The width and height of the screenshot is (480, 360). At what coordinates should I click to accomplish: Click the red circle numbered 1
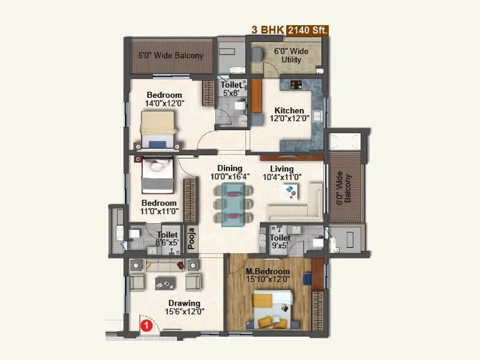[x=145, y=326]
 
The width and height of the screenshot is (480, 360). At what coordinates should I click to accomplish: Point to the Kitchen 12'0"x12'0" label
[x=289, y=115]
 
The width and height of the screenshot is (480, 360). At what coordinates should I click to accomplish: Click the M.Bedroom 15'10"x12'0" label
[x=268, y=275]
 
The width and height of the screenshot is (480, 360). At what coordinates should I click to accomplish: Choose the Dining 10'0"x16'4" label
[x=230, y=173]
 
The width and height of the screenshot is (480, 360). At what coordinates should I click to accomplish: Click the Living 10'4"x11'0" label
[x=281, y=173]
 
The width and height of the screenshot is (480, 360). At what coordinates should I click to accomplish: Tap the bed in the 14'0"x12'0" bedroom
[x=158, y=130]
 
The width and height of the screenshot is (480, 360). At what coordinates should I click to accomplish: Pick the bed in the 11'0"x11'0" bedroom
[x=158, y=175]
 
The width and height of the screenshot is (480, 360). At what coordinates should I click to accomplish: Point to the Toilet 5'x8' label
[x=230, y=89]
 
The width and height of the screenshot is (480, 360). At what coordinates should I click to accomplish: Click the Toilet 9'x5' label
[x=280, y=241]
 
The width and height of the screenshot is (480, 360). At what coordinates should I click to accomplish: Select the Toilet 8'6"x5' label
[x=167, y=239]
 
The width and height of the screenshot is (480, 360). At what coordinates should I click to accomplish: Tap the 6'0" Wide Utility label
[x=291, y=56]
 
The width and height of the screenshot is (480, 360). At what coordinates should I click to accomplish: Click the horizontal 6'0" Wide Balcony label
[x=171, y=56]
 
